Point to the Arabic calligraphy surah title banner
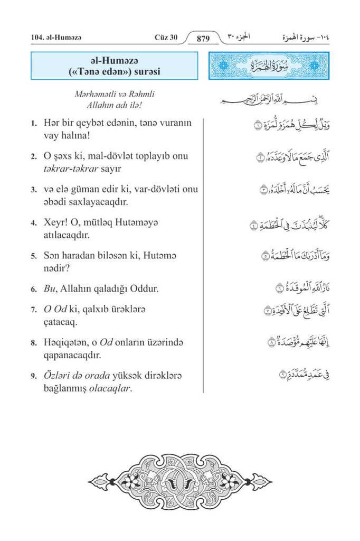(x=269, y=66)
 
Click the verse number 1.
(x=33, y=124)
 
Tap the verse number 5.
(x=33, y=256)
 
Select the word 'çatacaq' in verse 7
(x=61, y=321)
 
